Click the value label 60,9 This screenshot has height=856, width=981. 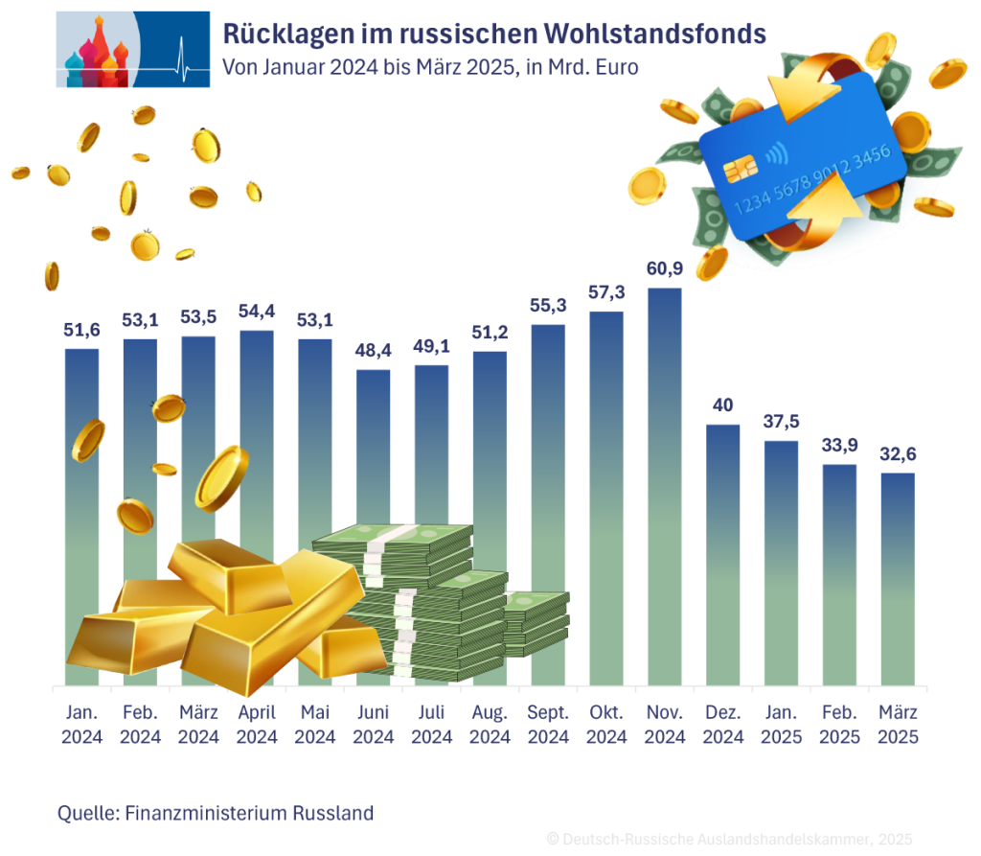pos(664,269)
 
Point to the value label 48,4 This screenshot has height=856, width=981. pos(374,351)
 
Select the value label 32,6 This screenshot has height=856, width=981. pos(897,453)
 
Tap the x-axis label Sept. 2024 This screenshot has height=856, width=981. pos(548,725)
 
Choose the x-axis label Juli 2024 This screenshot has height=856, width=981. pos(431,725)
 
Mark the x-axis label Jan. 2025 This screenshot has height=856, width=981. pos(781,725)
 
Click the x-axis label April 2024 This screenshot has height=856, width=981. pos(258,725)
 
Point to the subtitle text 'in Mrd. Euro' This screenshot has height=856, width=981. pos(582,68)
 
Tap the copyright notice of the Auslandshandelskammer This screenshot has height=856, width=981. pos(728,839)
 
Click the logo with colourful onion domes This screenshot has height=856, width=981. pos(132,49)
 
